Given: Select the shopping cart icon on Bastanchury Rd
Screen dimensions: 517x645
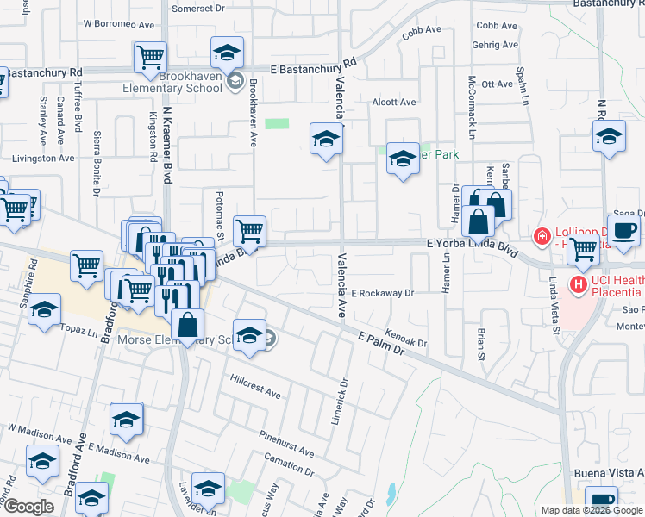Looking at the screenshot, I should pos(150,57).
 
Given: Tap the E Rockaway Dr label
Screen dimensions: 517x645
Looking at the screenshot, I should pos(382,293).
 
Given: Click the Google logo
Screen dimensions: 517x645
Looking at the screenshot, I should pos(28,507).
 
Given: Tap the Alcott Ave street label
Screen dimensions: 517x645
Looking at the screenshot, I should pos(393,102).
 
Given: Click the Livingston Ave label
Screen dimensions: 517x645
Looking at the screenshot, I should pos(42,158).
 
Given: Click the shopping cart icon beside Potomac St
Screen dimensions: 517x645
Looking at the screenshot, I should pos(249,230).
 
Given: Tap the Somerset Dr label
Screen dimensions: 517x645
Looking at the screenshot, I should pos(197,8).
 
